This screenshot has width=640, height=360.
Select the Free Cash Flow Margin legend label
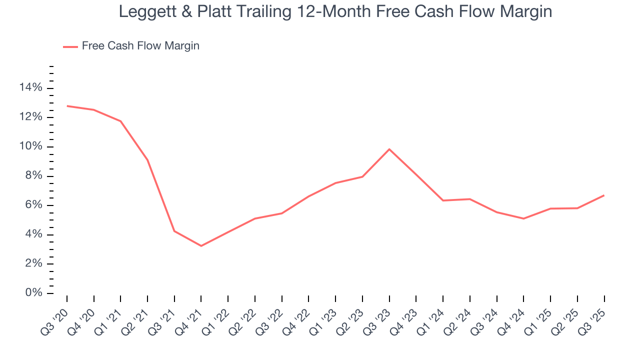point(140,46)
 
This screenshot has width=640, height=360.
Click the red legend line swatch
point(70,46)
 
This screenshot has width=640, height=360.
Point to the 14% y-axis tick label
point(31,88)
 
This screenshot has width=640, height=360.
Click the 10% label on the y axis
point(31,147)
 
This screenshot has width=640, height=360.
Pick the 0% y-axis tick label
point(33,293)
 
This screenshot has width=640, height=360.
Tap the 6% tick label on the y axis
point(33,205)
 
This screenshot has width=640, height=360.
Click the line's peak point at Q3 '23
point(389,149)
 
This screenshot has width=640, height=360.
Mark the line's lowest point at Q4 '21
point(201,246)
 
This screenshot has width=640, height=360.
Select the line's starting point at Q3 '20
point(67,106)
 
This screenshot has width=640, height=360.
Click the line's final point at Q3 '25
point(604,195)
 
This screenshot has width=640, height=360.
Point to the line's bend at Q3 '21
point(174,231)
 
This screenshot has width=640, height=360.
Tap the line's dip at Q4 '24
point(523,218)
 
